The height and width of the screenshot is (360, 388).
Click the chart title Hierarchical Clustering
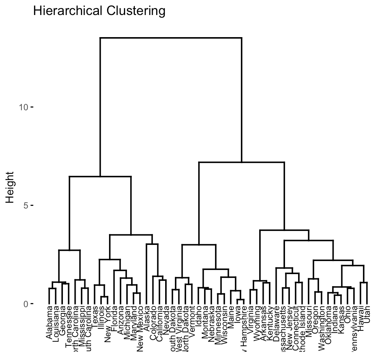point(99,11)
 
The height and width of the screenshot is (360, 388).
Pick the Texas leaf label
point(95,318)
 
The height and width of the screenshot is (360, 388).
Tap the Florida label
point(114,319)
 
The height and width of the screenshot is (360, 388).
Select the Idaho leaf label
point(198,317)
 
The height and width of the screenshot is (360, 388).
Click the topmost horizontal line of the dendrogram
point(171,38)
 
